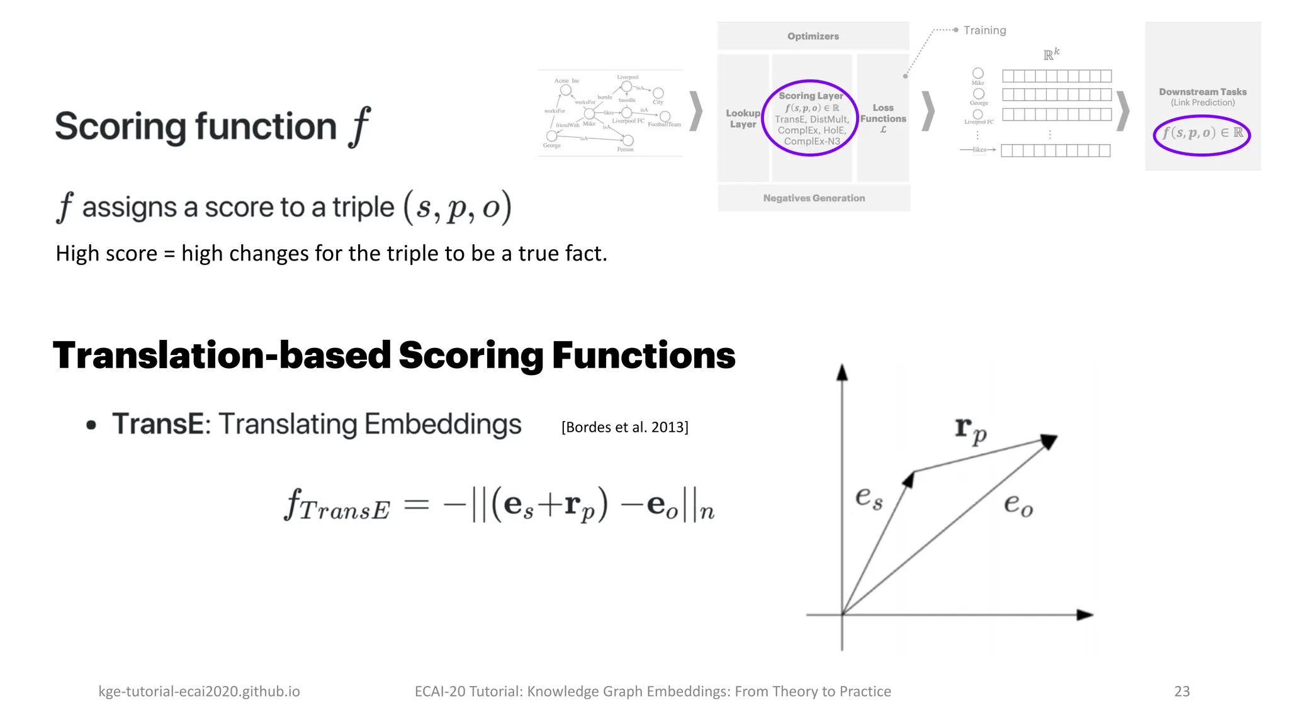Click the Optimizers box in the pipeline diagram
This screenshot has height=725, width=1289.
(x=813, y=36)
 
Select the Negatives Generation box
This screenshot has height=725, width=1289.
(x=814, y=198)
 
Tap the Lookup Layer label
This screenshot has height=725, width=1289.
(x=743, y=118)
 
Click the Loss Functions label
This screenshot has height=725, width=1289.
(x=883, y=114)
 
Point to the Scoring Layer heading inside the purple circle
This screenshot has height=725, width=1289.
(x=811, y=96)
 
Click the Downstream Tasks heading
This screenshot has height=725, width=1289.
(x=1202, y=92)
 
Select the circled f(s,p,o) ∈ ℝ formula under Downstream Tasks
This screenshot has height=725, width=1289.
(x=1202, y=133)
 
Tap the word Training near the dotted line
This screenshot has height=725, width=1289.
(x=984, y=30)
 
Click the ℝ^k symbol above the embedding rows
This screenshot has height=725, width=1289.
(x=1051, y=54)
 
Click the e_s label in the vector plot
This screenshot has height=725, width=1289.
(x=869, y=498)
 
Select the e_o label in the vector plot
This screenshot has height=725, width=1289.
(x=1018, y=505)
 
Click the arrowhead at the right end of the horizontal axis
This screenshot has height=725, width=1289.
(x=1084, y=614)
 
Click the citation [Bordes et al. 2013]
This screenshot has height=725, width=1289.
(x=624, y=427)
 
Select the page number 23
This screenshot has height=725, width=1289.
(x=1181, y=691)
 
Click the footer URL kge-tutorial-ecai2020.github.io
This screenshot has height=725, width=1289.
(x=199, y=691)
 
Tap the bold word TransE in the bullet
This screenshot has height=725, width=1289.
(x=158, y=424)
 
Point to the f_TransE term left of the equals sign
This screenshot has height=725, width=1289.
(x=337, y=505)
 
